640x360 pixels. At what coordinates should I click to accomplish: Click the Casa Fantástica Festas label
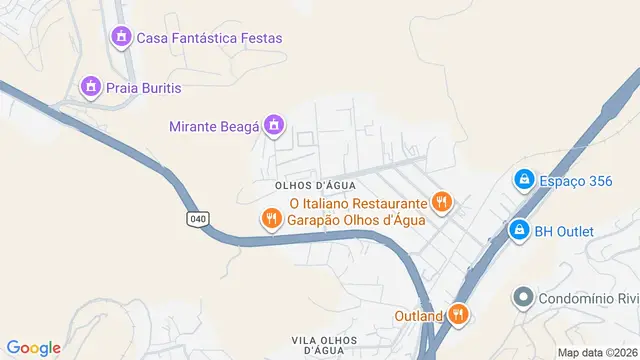coord(209,38)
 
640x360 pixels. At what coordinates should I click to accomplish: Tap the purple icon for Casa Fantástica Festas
coord(121,38)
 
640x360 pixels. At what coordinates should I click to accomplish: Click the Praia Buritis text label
coord(145,88)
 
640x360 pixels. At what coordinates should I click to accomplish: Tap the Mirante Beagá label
coord(215,126)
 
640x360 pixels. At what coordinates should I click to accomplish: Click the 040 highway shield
coord(198,218)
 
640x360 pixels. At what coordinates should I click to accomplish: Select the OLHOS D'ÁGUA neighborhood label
coord(315,186)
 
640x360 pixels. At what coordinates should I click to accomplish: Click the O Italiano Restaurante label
coord(357,203)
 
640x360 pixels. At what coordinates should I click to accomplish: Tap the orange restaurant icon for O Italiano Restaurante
coord(441,203)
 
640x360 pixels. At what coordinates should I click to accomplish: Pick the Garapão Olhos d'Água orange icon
coord(270,219)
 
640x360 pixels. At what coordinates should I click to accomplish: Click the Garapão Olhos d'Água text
coord(357,219)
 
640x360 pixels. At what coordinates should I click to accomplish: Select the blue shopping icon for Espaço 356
coord(522,180)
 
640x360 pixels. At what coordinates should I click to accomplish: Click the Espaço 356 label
coord(574,181)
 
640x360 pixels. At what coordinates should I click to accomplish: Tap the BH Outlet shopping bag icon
coord(518,231)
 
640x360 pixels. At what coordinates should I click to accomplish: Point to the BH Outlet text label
coord(564,232)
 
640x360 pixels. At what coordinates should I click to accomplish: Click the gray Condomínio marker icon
coord(522,298)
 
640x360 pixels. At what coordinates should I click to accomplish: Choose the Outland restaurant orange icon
coord(458,315)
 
